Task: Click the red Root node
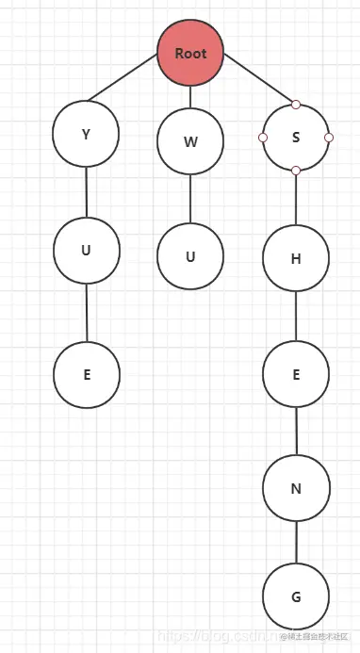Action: tap(190, 54)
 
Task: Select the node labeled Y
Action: tap(86, 134)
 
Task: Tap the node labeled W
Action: tap(190, 142)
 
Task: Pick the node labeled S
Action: tap(296, 138)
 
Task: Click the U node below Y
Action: tap(86, 250)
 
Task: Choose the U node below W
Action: tap(190, 255)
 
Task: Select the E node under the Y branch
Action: tap(87, 374)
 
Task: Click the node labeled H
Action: tap(296, 257)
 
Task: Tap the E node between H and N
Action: tap(296, 374)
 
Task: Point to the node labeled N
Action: tap(296, 487)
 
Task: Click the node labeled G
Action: tap(297, 597)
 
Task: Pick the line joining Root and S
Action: tap(258, 80)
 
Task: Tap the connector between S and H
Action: tap(296, 198)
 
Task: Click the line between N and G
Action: tap(297, 542)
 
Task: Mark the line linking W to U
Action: tap(190, 199)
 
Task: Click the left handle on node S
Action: tap(263, 138)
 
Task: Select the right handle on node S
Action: tap(329, 138)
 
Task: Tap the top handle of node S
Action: tap(296, 105)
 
